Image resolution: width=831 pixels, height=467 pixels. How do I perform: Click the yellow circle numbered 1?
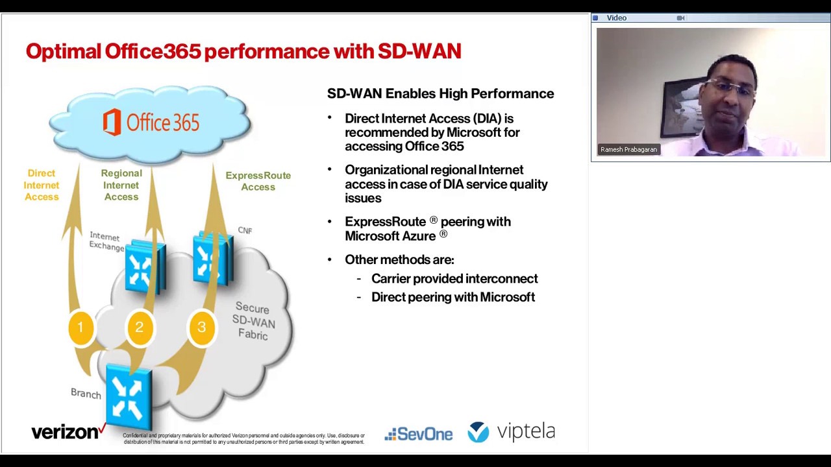(81, 328)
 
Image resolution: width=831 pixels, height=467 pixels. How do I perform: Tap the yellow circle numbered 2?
(139, 328)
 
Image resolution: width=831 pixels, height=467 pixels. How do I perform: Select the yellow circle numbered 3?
(201, 328)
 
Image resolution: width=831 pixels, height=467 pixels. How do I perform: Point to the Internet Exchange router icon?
(144, 266)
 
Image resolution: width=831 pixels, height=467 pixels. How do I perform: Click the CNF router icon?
(212, 258)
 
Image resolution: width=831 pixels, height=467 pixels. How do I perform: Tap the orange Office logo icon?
(112, 123)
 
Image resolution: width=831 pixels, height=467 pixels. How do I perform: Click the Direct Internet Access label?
(42, 185)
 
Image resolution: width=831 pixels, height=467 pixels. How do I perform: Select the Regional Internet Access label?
(121, 185)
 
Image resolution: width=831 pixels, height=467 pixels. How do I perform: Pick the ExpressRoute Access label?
(258, 181)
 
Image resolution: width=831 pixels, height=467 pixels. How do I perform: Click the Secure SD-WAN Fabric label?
(253, 321)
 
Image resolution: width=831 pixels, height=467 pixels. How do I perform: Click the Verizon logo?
(68, 432)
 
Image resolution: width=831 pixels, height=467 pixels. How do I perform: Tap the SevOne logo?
(419, 434)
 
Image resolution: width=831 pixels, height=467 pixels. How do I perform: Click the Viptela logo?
(512, 432)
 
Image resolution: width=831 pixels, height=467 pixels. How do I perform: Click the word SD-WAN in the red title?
(419, 51)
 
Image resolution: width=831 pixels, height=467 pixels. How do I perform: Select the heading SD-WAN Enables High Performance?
(440, 93)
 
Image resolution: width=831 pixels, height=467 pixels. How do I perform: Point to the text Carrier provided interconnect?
(454, 279)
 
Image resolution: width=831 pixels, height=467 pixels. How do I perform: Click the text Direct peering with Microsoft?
(453, 297)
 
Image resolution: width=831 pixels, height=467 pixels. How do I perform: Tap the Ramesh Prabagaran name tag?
(628, 150)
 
